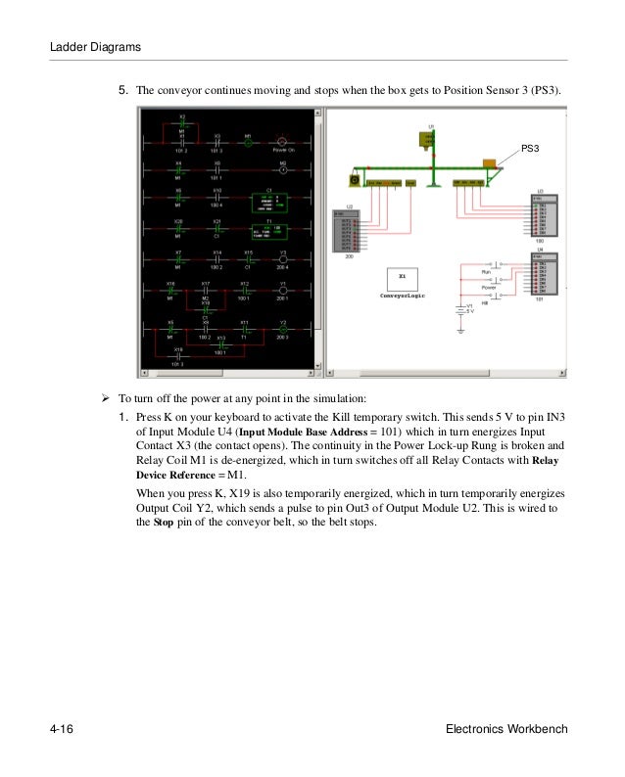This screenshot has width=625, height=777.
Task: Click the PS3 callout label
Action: pyautogui.click(x=530, y=148)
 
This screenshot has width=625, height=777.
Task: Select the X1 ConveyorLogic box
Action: pyautogui.click(x=402, y=281)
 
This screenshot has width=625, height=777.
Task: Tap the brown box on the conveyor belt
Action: pyautogui.click(x=487, y=163)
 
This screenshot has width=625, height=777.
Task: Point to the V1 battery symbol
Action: pyautogui.click(x=458, y=312)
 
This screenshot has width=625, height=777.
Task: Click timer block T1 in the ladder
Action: pyautogui.click(x=263, y=233)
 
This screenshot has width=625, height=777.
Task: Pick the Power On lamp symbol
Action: pyautogui.click(x=283, y=142)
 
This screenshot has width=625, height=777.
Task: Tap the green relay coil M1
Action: pyautogui.click(x=249, y=142)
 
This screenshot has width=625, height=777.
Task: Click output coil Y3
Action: pyautogui.click(x=282, y=259)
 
